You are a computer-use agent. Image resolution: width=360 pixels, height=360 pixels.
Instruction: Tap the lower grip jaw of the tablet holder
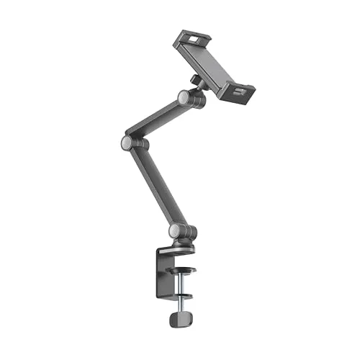click(x=237, y=91)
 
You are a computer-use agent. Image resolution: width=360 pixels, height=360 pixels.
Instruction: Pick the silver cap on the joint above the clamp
click(x=175, y=230)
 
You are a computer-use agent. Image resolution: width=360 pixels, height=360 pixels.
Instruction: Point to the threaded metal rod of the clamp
click(x=184, y=284)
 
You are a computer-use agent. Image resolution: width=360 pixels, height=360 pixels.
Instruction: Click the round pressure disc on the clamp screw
click(x=184, y=271)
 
